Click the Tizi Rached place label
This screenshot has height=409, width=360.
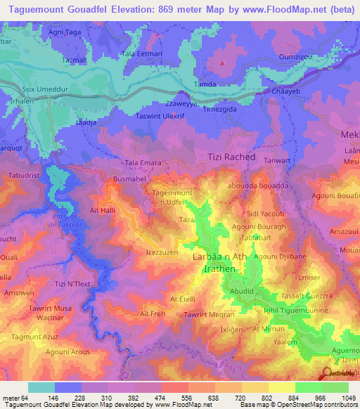(231, 157)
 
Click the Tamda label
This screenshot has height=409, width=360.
(206, 84)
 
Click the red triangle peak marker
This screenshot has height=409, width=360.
(222, 63)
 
